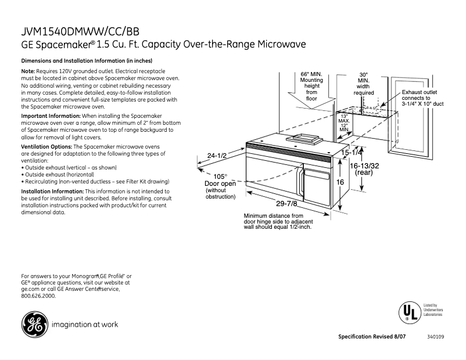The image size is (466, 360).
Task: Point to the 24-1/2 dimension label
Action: click(x=217, y=156)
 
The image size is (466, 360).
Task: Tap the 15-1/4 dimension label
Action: click(x=352, y=153)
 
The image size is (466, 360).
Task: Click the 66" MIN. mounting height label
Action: click(x=311, y=87)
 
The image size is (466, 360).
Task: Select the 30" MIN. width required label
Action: click(x=364, y=84)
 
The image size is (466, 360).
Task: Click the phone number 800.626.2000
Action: click(x=38, y=296)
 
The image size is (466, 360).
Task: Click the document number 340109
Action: click(x=435, y=337)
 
